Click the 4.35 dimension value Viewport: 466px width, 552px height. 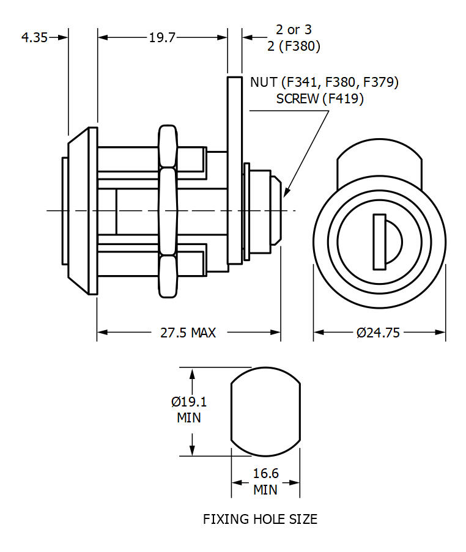34,37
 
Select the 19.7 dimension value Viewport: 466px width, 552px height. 162,37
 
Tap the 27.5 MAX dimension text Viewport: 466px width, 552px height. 188,333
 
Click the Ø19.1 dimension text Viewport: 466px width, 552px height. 189,402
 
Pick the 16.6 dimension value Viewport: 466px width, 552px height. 265,474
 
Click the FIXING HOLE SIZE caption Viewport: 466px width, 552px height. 260,519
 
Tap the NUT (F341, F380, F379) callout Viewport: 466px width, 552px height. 324,83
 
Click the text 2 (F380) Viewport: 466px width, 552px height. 294,46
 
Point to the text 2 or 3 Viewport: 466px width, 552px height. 294,30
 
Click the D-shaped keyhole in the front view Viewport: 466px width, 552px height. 385,241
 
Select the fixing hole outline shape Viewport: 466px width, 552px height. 265,411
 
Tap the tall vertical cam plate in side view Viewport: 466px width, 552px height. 235,174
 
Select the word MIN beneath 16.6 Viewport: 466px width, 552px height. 265,490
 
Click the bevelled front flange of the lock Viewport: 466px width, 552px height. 82,211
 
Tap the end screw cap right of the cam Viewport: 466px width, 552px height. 269,211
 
